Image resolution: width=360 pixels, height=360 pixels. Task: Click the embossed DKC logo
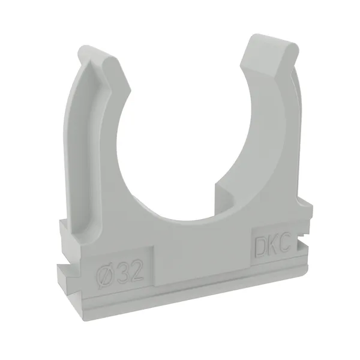tap(272, 247)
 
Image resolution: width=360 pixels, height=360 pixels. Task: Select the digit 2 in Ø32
tap(136, 271)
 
